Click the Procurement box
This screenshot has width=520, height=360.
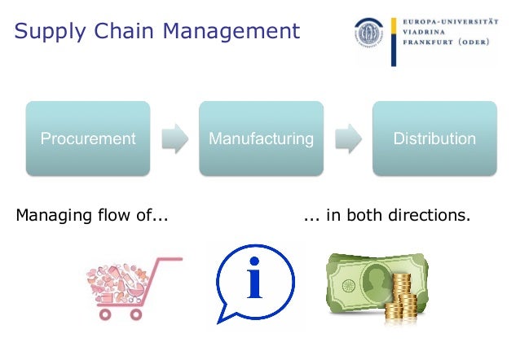[88, 138]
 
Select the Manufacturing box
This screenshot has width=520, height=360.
[261, 138]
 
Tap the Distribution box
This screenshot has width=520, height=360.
[434, 138]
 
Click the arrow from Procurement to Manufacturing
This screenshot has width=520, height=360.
[174, 138]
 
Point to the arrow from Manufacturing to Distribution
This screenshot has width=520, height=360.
[348, 138]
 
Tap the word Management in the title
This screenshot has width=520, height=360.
[229, 33]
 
